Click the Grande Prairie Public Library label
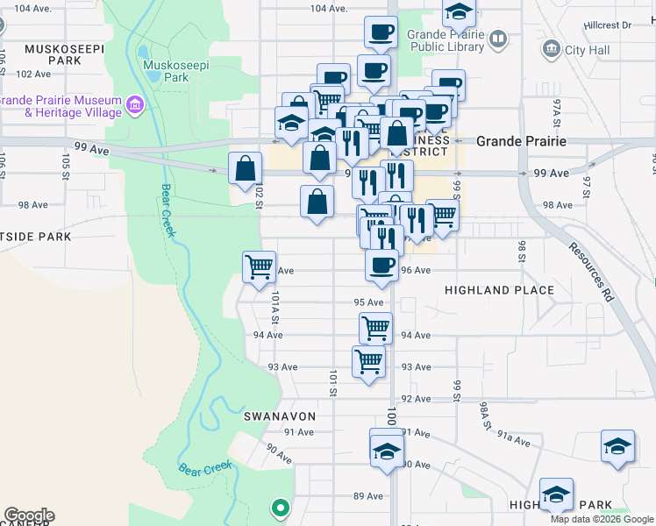click(446, 41)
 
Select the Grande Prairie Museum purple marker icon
click(134, 106)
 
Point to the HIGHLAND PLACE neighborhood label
click(499, 290)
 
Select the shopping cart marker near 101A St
click(259, 266)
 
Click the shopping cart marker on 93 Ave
click(368, 360)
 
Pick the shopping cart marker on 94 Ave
click(375, 328)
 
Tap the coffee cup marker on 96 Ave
click(381, 265)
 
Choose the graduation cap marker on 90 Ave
click(386, 451)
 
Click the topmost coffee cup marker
click(381, 32)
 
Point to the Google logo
click(29, 515)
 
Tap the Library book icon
click(498, 39)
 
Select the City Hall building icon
click(553, 49)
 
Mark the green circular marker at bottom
click(281, 507)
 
